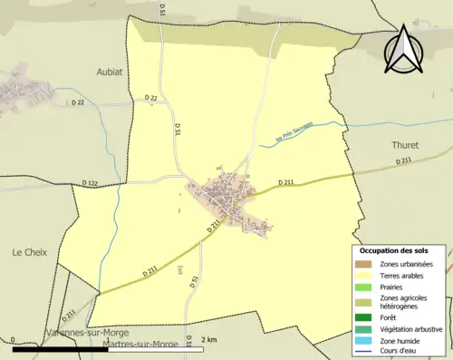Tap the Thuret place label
[404, 144]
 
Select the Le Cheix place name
[29, 251]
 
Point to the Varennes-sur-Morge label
[86, 334]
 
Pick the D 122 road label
[90, 183]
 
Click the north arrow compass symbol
[403, 49]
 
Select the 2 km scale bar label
[208, 340]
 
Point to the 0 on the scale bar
[14, 340]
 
